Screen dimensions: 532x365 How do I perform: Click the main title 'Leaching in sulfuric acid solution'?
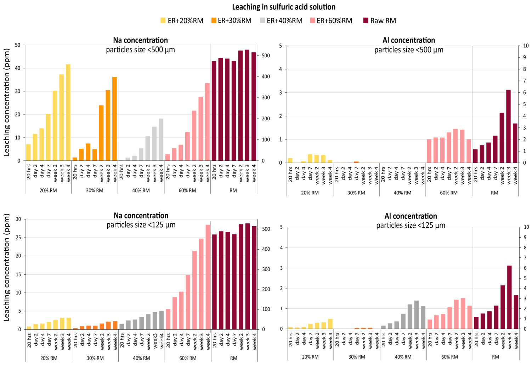pos(284,7)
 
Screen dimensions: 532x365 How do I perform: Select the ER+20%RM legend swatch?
pos(163,21)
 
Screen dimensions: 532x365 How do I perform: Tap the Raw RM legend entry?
pos(380,21)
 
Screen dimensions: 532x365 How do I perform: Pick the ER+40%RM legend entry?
pos(282,21)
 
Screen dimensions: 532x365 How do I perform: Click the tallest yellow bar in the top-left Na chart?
pos(68,113)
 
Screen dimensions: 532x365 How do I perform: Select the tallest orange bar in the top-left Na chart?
pos(114,119)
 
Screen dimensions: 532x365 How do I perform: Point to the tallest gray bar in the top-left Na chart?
pos(161,139)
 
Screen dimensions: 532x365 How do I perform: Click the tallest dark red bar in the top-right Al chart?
pos(508,126)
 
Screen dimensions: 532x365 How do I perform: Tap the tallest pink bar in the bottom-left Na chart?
pos(208,277)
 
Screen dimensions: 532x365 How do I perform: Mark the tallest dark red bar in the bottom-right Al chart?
pos(509,297)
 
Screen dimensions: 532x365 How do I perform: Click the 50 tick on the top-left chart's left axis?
pos(18,45)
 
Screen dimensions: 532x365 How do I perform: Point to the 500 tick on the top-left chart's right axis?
pos(266,56)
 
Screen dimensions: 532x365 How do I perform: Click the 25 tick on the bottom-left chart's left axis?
pos(18,238)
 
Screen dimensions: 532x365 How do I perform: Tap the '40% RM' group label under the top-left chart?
pos(141,190)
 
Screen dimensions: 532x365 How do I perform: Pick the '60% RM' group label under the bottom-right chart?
pos(449,357)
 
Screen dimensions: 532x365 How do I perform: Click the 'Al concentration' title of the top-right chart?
pos(409,40)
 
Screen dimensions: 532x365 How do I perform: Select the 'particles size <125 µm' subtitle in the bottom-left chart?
pos(141,225)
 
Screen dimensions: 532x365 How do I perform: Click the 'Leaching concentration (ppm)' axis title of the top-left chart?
pos(7,103)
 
